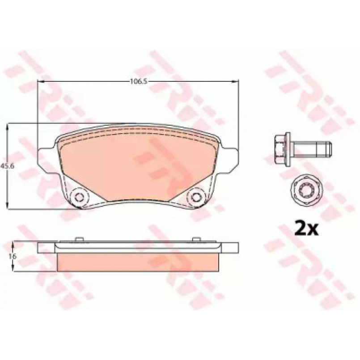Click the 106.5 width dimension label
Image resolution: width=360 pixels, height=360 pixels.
[139, 81]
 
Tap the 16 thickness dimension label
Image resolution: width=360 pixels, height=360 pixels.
[13, 256]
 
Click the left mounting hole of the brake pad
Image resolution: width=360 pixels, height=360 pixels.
[79, 197]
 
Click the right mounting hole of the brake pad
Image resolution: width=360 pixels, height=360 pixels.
[196, 197]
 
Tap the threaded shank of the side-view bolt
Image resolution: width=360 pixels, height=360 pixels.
[312, 149]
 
